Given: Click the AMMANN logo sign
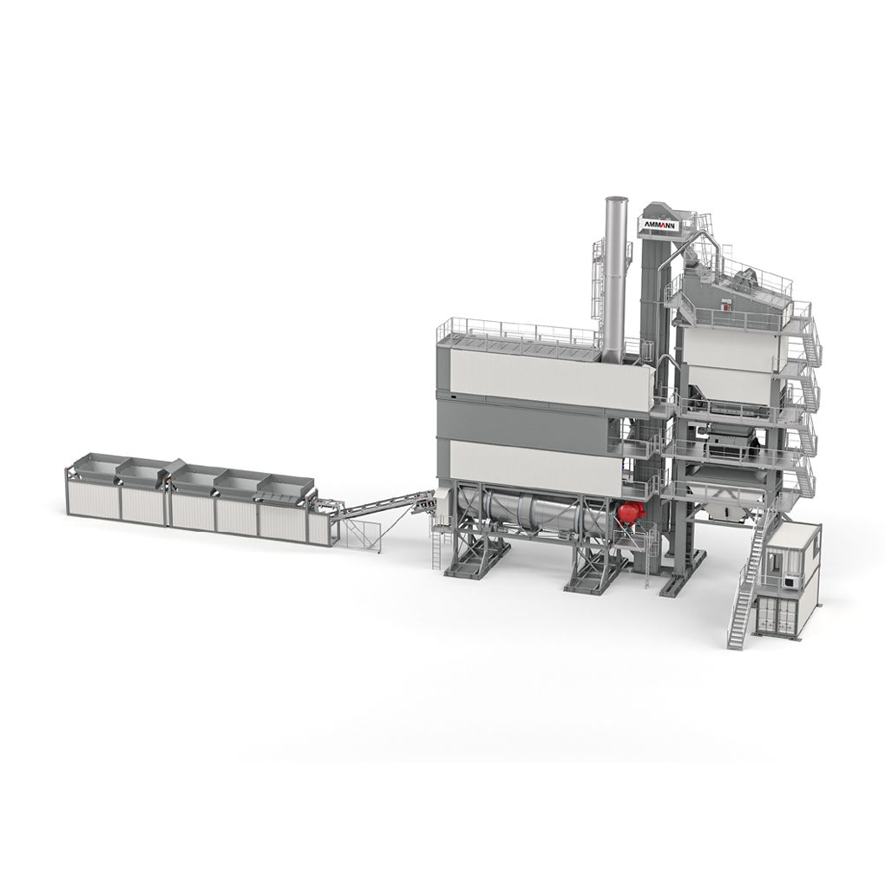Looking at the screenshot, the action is pos(659,224).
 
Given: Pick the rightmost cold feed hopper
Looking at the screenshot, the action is pos(285,486).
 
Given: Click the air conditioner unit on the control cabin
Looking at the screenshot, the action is pos(790,580).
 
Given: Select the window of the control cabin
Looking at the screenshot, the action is pos(774,562).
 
